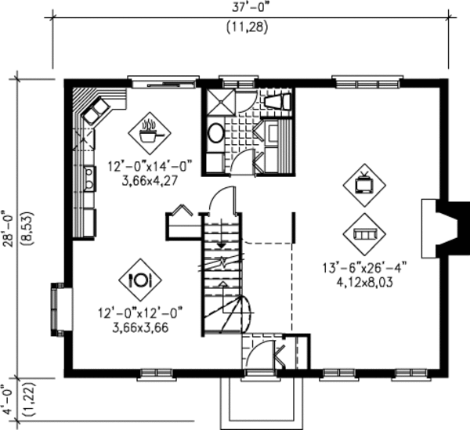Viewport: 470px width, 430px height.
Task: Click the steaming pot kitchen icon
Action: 150,130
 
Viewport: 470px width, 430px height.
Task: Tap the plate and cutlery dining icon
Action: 140,279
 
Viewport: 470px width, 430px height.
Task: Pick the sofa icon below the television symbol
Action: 364,233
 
